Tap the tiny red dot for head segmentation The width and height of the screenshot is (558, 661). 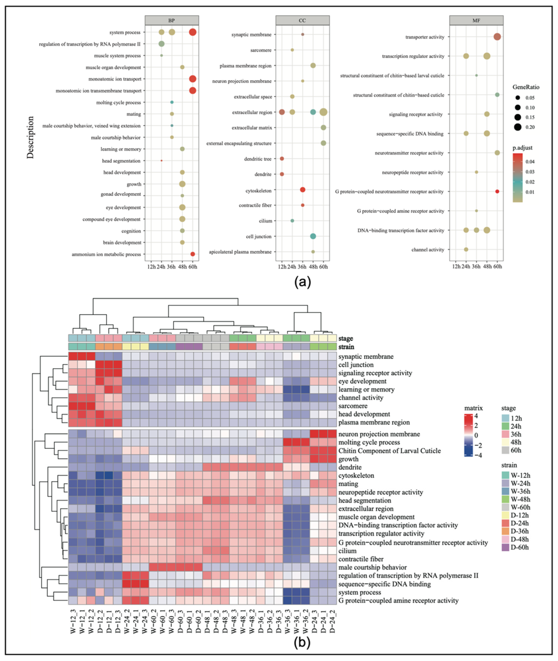click(x=162, y=161)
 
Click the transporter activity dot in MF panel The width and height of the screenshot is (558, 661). click(x=497, y=37)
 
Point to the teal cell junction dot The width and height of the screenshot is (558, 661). click(x=313, y=236)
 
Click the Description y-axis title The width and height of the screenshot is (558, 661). click(x=30, y=137)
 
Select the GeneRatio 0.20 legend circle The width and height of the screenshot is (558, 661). click(x=517, y=127)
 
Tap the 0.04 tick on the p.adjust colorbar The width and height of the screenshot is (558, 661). click(x=530, y=162)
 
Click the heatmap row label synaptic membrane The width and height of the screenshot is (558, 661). click(x=366, y=357)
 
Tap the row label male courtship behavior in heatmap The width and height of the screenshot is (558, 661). click(x=372, y=567)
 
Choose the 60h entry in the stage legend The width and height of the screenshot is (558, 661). click(x=516, y=450)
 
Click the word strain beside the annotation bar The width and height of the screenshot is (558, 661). click(x=346, y=347)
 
